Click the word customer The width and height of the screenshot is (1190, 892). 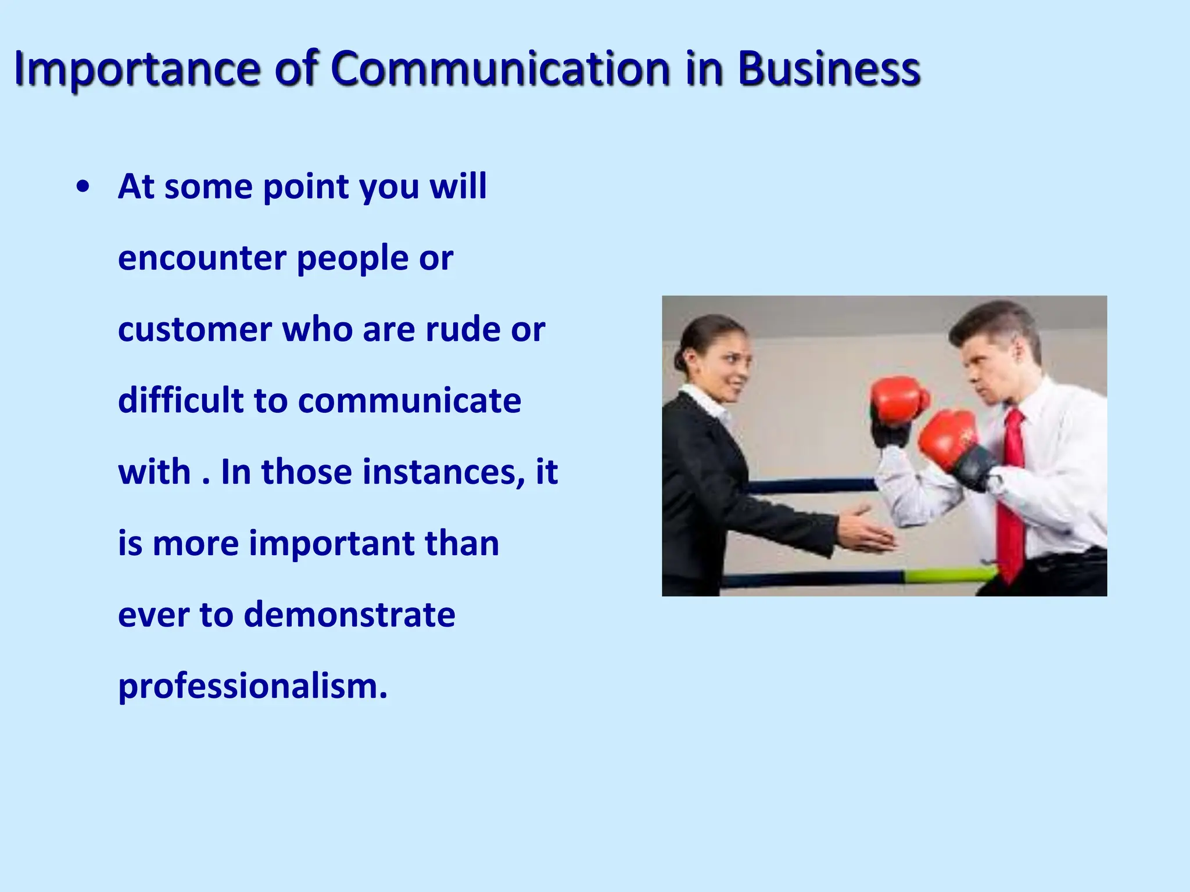pyautogui.click(x=193, y=330)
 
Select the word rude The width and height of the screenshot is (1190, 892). pyautogui.click(x=462, y=329)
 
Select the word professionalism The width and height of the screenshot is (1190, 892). pyautogui.click(x=253, y=686)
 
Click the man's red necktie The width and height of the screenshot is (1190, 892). pyautogui.click(x=1012, y=494)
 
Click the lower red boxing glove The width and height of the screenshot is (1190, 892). pyautogui.click(x=947, y=438)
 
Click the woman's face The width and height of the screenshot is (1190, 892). pyautogui.click(x=727, y=363)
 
